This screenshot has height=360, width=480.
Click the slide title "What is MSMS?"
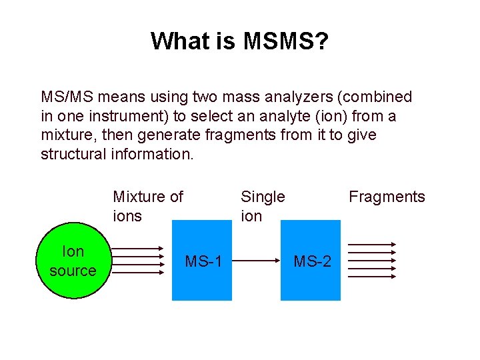tap(239, 41)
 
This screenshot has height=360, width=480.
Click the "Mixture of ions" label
tap(147, 206)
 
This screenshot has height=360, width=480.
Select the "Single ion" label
tap(262, 206)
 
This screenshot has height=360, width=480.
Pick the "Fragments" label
tap(387, 197)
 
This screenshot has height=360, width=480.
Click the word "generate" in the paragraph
tap(165, 135)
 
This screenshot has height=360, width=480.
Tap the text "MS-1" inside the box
tap(202, 261)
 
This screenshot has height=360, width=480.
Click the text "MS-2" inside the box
tap(312, 261)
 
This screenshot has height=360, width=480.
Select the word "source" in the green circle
tap(73, 271)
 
